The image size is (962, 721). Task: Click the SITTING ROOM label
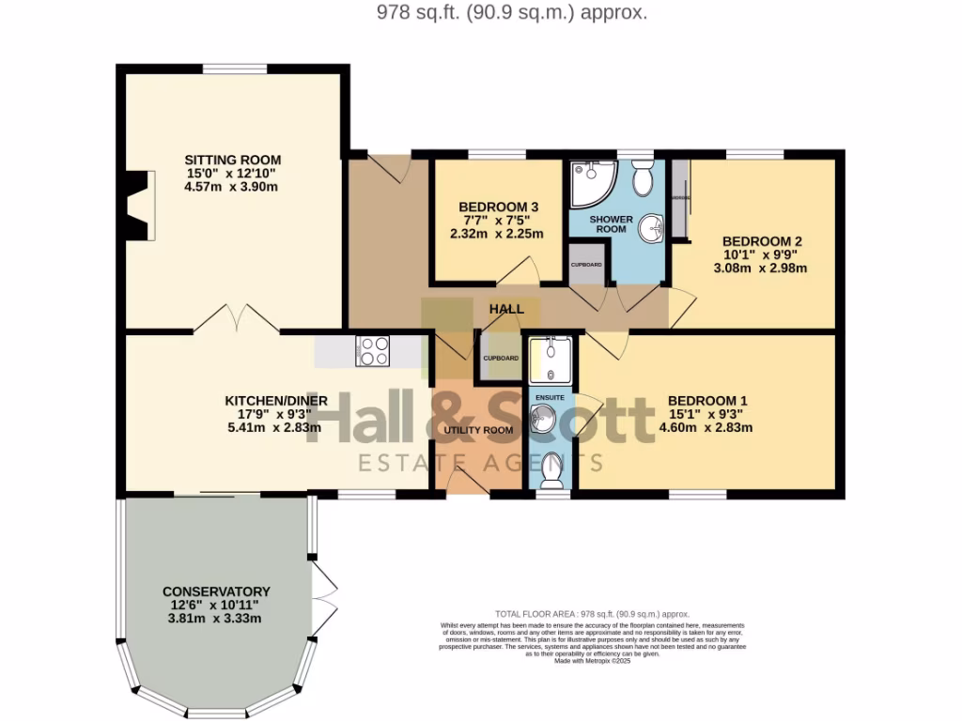(232, 160)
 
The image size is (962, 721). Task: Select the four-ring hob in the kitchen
(372, 351)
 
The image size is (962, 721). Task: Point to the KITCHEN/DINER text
(275, 401)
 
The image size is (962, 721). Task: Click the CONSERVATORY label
(216, 591)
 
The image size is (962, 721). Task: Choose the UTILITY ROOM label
(478, 430)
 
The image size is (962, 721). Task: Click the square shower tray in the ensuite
(550, 360)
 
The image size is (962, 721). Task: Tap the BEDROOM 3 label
(499, 207)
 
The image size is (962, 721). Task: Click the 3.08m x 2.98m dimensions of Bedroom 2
(761, 268)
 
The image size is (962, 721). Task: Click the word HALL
(506, 308)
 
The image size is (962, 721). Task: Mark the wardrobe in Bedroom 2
(680, 199)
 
